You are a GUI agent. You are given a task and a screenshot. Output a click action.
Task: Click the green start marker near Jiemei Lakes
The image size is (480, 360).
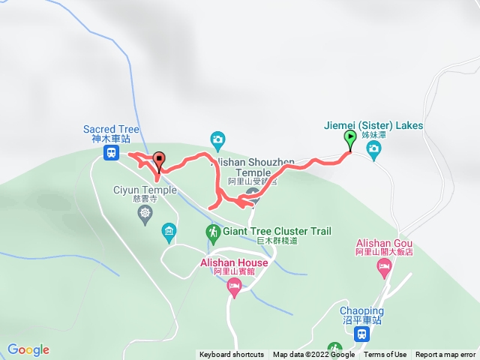pyautogui.click(x=350, y=138)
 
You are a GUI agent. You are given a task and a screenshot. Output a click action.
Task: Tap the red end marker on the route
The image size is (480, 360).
pyautogui.click(x=158, y=159)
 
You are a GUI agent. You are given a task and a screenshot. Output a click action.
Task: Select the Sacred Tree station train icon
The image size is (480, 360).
pyautogui.click(x=110, y=153)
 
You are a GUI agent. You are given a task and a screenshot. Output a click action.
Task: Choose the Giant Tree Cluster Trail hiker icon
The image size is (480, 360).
pyautogui.click(x=214, y=232)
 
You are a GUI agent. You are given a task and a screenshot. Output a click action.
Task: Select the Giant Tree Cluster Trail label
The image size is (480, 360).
pyautogui.click(x=277, y=232)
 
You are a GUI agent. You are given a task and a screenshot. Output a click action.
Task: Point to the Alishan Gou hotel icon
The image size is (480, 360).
pyautogui.click(x=385, y=268)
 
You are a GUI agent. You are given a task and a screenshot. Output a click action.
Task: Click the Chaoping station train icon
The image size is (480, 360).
pyautogui.click(x=361, y=334)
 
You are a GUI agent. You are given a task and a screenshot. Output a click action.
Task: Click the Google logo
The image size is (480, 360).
pyautogui.click(x=28, y=349)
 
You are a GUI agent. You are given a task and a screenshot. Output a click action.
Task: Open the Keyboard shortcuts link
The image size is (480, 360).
pyautogui.click(x=231, y=355)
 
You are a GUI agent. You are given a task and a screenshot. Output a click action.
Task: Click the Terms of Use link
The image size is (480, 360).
pyautogui.click(x=385, y=355)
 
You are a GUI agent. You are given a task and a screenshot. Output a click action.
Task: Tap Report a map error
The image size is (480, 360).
pyautogui.click(x=445, y=355)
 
